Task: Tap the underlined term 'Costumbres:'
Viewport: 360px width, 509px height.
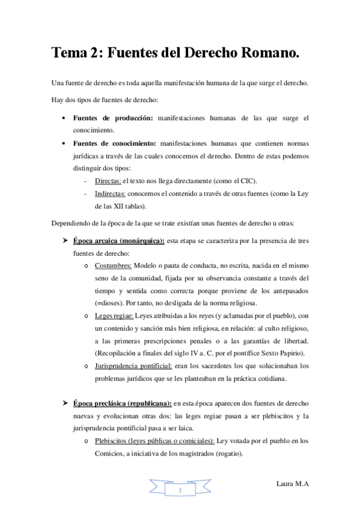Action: pyautogui.click(x=114, y=266)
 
